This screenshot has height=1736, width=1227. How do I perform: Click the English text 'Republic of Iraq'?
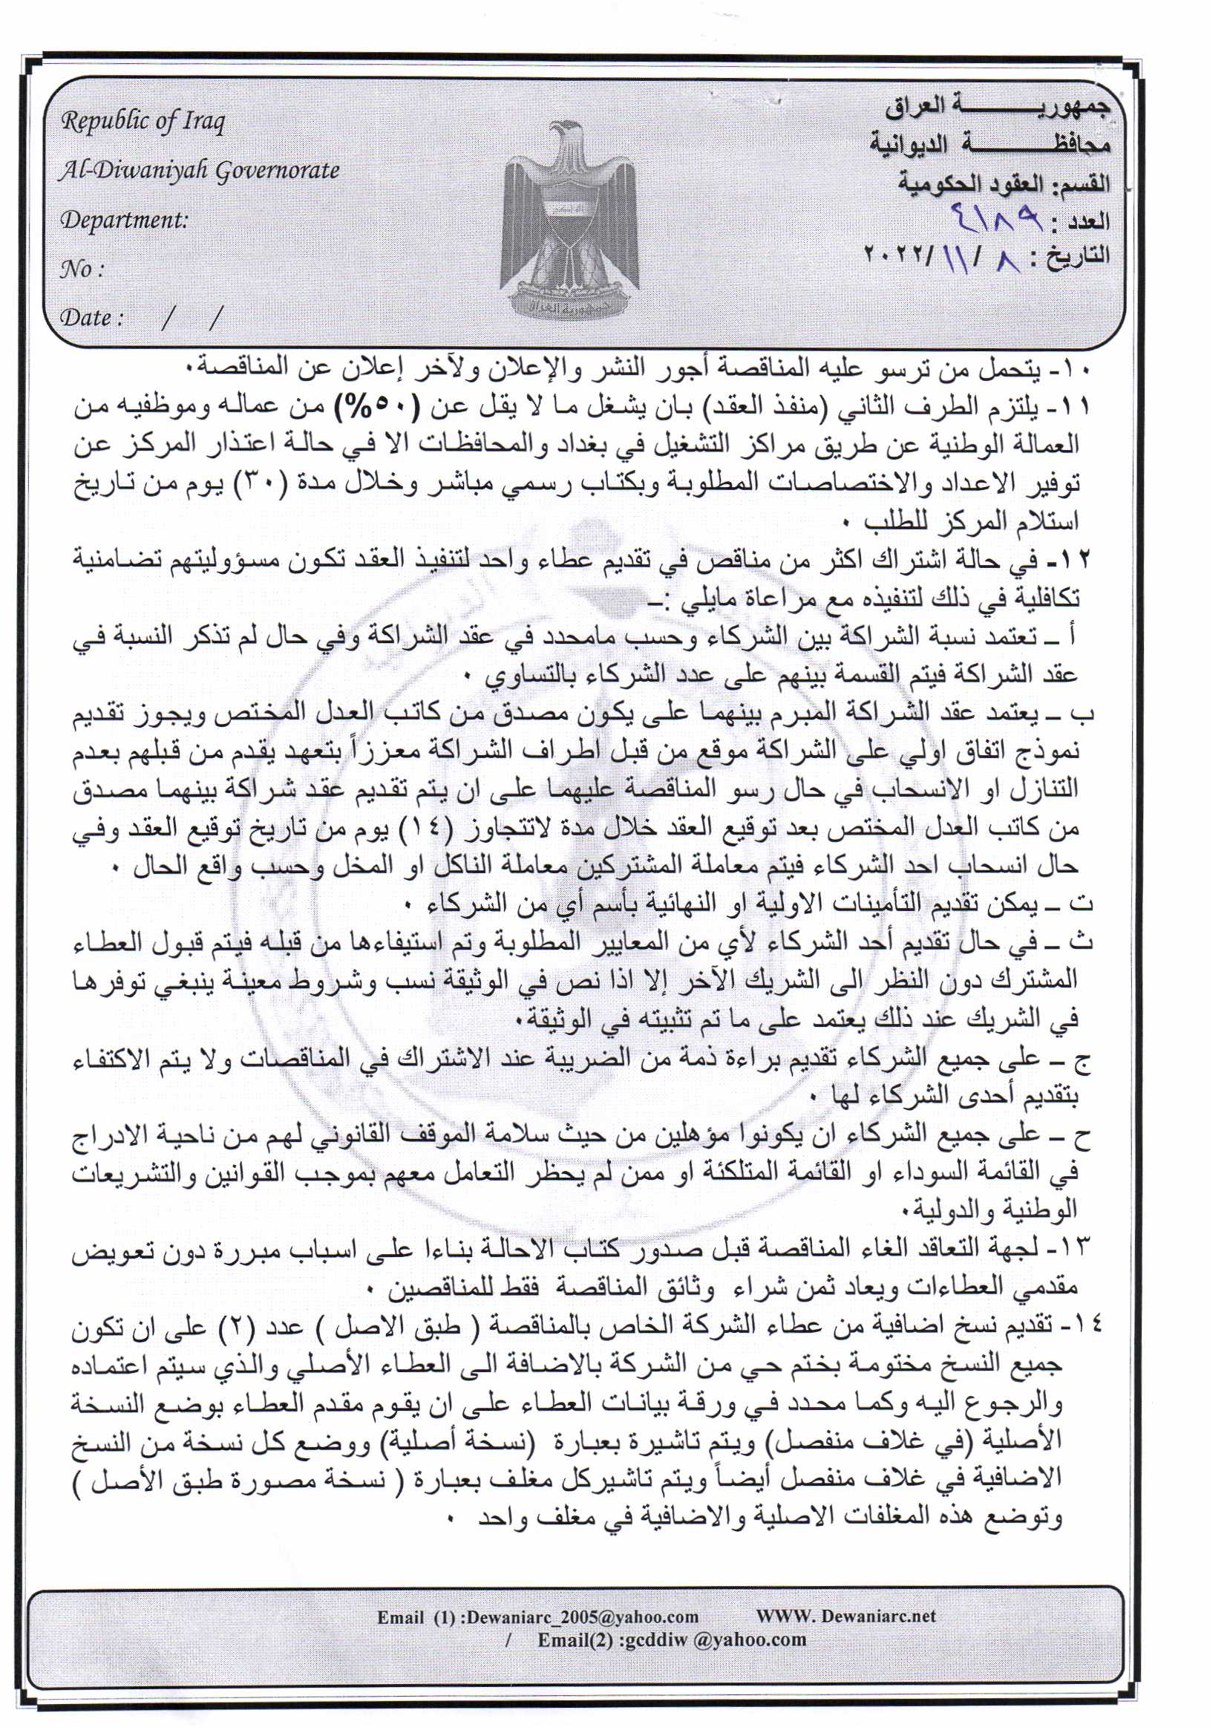(143, 122)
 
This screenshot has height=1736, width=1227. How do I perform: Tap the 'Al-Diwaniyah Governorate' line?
(200, 171)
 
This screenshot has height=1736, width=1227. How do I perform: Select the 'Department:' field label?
(124, 221)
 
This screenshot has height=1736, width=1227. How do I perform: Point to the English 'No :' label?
(82, 270)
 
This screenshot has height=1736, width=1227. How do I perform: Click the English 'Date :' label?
(91, 318)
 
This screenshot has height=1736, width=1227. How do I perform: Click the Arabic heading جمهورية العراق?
(997, 107)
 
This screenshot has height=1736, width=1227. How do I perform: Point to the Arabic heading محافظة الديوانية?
(989, 143)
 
